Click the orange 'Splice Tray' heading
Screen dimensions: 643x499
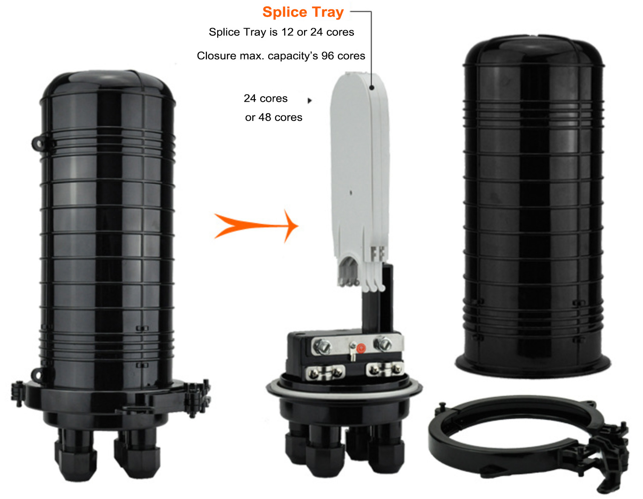pos(303,12)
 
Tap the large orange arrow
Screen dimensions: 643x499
pos(256,226)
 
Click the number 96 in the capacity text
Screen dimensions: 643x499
pos(327,56)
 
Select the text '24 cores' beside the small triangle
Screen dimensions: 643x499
pos(265,98)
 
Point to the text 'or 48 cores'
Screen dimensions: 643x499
pos(273,117)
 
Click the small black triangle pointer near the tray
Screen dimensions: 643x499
pos(310,100)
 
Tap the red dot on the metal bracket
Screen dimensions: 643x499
pos(361,348)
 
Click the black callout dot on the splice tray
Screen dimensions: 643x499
pos(372,87)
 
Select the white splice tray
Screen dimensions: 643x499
pos(360,181)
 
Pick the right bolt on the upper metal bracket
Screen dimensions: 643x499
pos(383,344)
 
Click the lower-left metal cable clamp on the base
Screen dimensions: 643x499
pos(325,372)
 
